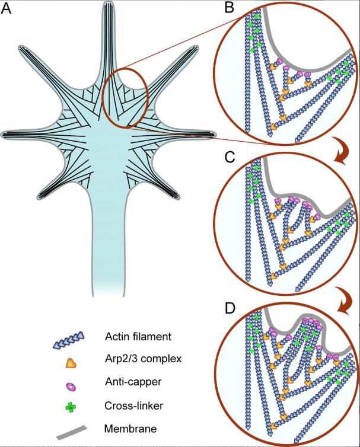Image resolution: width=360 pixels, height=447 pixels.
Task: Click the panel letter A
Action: pos(8,10)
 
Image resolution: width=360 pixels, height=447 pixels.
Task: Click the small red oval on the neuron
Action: pos(123,98)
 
